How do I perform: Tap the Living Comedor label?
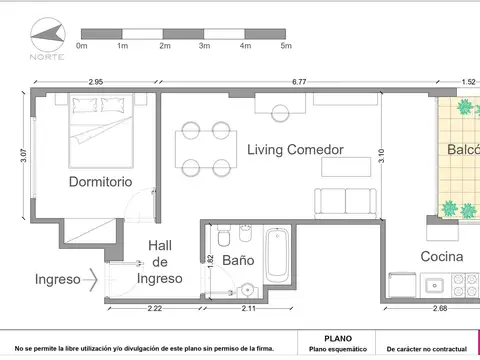[296, 149]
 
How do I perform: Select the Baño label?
[238, 260]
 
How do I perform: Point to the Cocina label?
[441, 257]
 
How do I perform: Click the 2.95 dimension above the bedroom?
[96, 81]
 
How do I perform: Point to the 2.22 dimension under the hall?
[153, 308]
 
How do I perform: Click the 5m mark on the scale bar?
[286, 46]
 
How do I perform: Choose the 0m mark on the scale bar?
[82, 46]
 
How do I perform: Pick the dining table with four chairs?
[204, 148]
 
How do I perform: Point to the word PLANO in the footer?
[338, 339]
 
